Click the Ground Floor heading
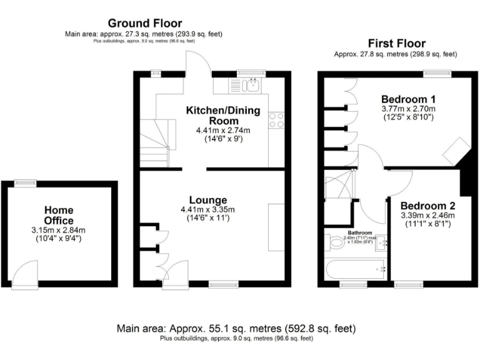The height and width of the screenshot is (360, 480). click(x=145, y=24)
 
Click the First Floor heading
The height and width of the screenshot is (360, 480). click(x=396, y=44)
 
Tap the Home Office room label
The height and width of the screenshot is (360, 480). click(x=59, y=216)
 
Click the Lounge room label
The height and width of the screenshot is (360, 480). click(x=212, y=200)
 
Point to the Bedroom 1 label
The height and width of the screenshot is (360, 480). click(x=408, y=99)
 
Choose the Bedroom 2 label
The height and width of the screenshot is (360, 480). click(x=428, y=206)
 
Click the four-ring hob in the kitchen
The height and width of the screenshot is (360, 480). click(x=277, y=120)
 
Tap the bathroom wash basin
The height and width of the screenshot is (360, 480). click(x=383, y=242)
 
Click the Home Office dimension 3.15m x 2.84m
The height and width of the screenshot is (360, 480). click(x=59, y=230)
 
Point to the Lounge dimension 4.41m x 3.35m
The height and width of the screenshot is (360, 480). click(x=212, y=209)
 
